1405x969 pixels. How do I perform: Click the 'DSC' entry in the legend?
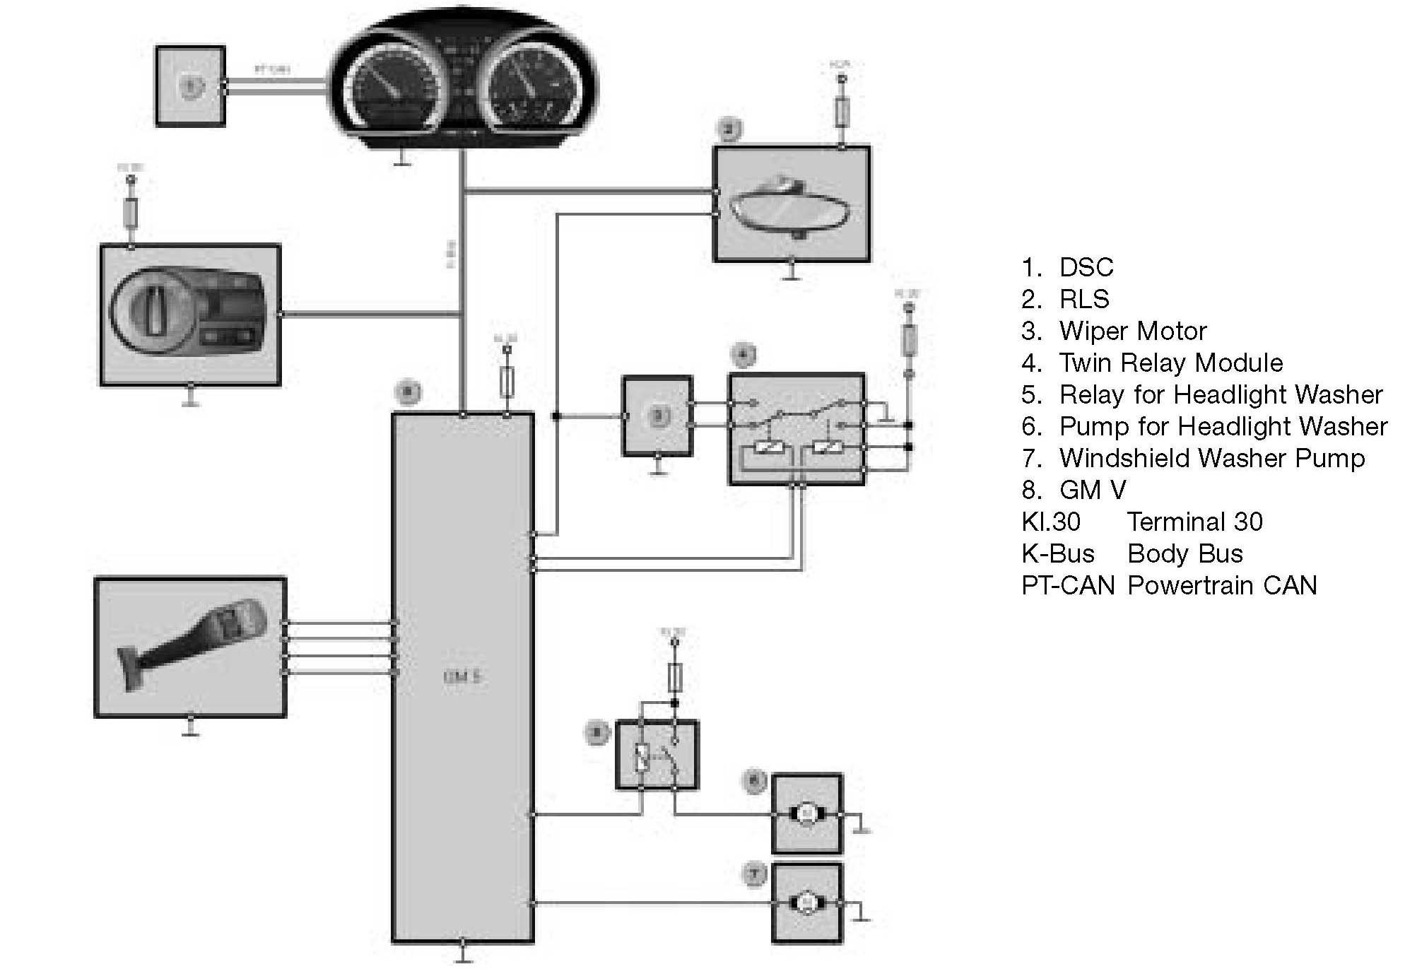click(x=1086, y=267)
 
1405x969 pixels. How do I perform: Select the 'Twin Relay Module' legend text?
click(x=1170, y=363)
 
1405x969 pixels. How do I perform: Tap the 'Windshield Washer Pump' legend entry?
click(x=1211, y=458)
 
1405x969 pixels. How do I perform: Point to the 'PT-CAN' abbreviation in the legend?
click(x=1068, y=585)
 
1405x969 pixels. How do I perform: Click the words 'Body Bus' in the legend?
click(x=1184, y=553)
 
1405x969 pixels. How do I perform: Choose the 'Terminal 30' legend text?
click(x=1194, y=522)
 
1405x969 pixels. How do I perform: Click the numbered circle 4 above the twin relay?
click(x=743, y=355)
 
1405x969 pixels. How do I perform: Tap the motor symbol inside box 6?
click(x=806, y=815)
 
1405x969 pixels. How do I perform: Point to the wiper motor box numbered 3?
click(x=657, y=416)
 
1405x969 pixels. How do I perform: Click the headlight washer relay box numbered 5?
click(x=657, y=755)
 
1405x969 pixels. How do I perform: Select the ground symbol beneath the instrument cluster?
click(x=402, y=160)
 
